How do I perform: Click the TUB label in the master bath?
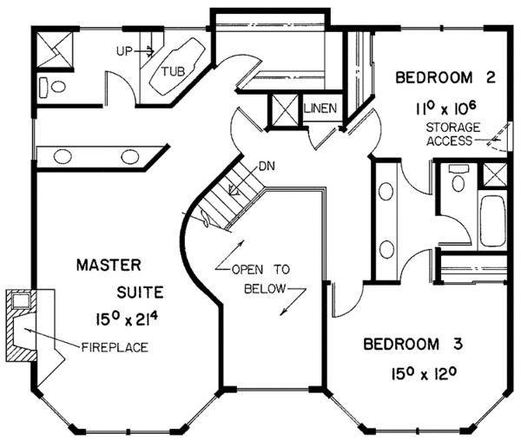[174, 71]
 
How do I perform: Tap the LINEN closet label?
[320, 108]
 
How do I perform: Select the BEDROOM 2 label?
[445, 78]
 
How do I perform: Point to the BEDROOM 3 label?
[413, 344]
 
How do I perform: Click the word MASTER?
[109, 265]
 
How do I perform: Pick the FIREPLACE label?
[115, 347]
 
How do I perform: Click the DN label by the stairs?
[267, 166]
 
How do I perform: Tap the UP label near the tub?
[124, 51]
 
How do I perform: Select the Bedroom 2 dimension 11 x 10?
[445, 108]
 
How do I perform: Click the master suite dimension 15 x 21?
[127, 319]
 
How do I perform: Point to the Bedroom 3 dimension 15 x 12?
[422, 374]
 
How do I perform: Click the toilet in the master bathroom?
[52, 87]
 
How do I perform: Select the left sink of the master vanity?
[63, 156]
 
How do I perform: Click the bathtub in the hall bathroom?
[493, 221]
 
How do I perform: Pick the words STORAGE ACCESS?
[453, 135]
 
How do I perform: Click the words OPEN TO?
[260, 269]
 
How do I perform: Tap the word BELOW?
[265, 289]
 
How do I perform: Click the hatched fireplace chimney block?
[21, 325]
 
